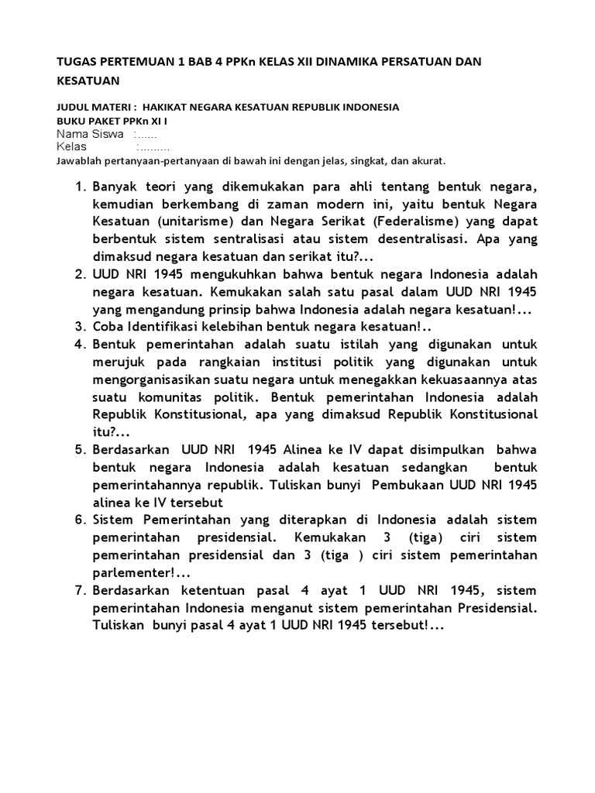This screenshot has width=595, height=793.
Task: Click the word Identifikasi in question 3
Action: [x=168, y=326]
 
